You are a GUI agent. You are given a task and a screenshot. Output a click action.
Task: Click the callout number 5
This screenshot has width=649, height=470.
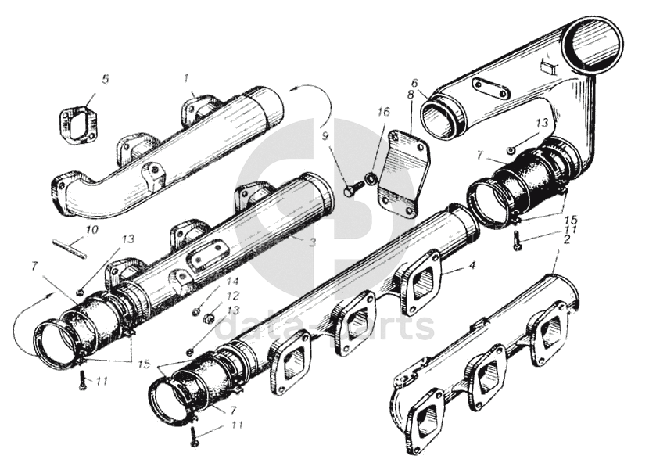106,79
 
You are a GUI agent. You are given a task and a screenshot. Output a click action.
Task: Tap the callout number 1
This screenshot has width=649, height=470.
187,77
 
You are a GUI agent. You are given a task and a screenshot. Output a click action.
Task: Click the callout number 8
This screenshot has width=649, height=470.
411,95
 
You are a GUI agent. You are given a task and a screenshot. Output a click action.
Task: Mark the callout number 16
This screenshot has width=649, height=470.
384,112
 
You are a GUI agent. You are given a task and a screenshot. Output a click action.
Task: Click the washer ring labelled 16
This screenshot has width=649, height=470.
371,179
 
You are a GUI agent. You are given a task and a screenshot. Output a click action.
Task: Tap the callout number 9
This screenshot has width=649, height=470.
325,135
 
